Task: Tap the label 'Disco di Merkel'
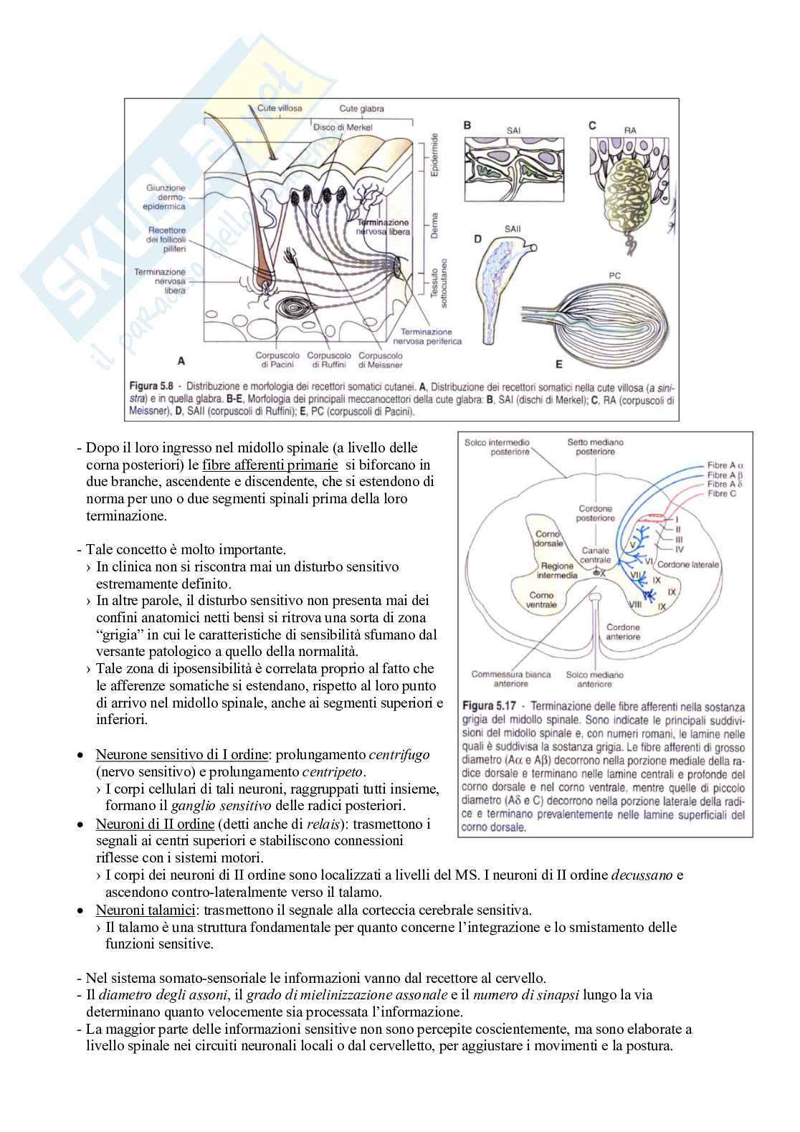(343, 127)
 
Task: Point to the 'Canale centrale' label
(596, 556)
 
